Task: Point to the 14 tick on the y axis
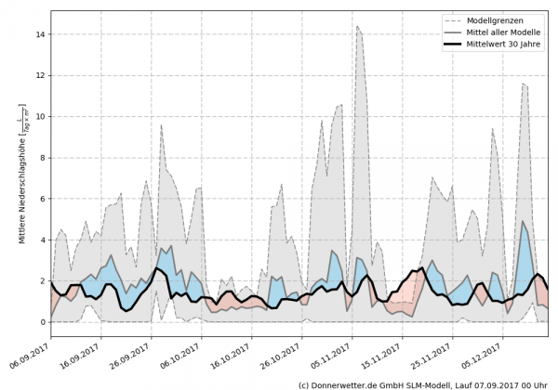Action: [x=41, y=34]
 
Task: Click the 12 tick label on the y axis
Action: [x=41, y=75]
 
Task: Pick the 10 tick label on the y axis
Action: [x=41, y=116]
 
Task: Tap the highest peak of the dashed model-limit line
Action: [x=357, y=26]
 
